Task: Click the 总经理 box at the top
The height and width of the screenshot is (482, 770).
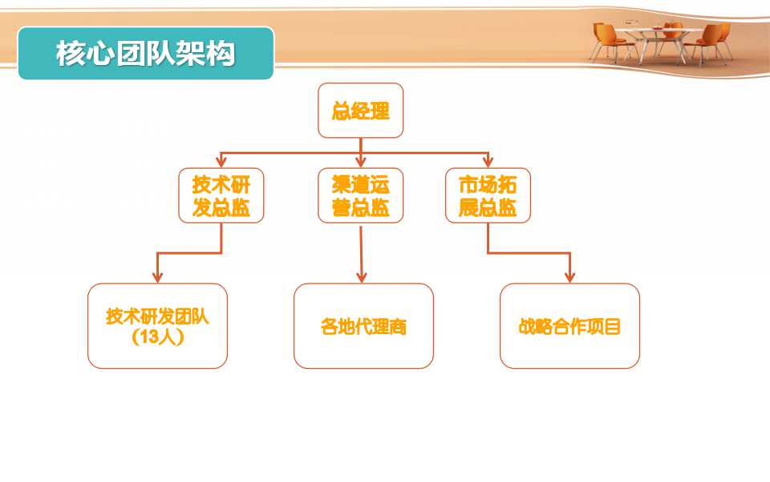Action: click(x=360, y=110)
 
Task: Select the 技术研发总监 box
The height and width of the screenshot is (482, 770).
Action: click(x=221, y=195)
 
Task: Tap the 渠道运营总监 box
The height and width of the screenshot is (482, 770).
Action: click(x=360, y=195)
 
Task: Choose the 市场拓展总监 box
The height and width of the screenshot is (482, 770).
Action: click(x=488, y=195)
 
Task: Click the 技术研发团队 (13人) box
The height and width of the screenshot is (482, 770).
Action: click(x=158, y=325)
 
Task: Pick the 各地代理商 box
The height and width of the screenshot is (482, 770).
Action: click(x=363, y=325)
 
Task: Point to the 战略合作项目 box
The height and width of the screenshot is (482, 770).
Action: click(x=569, y=325)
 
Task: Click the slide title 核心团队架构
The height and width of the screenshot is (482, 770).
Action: click(x=145, y=53)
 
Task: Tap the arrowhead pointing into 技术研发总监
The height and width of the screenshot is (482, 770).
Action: click(x=221, y=161)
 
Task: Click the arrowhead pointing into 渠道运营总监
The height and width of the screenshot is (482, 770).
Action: click(x=360, y=161)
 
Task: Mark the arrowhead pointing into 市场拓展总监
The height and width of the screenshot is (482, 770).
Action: click(x=488, y=161)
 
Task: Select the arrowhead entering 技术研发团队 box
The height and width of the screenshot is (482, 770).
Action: click(x=157, y=277)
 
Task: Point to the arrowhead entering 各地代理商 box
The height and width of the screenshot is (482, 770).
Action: click(x=362, y=277)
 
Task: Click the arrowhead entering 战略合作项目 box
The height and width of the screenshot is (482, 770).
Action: click(x=569, y=277)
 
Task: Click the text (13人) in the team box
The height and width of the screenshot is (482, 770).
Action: click(x=158, y=337)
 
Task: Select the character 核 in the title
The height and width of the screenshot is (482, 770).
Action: click(x=71, y=53)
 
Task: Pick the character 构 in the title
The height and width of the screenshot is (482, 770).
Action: click(x=221, y=53)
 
